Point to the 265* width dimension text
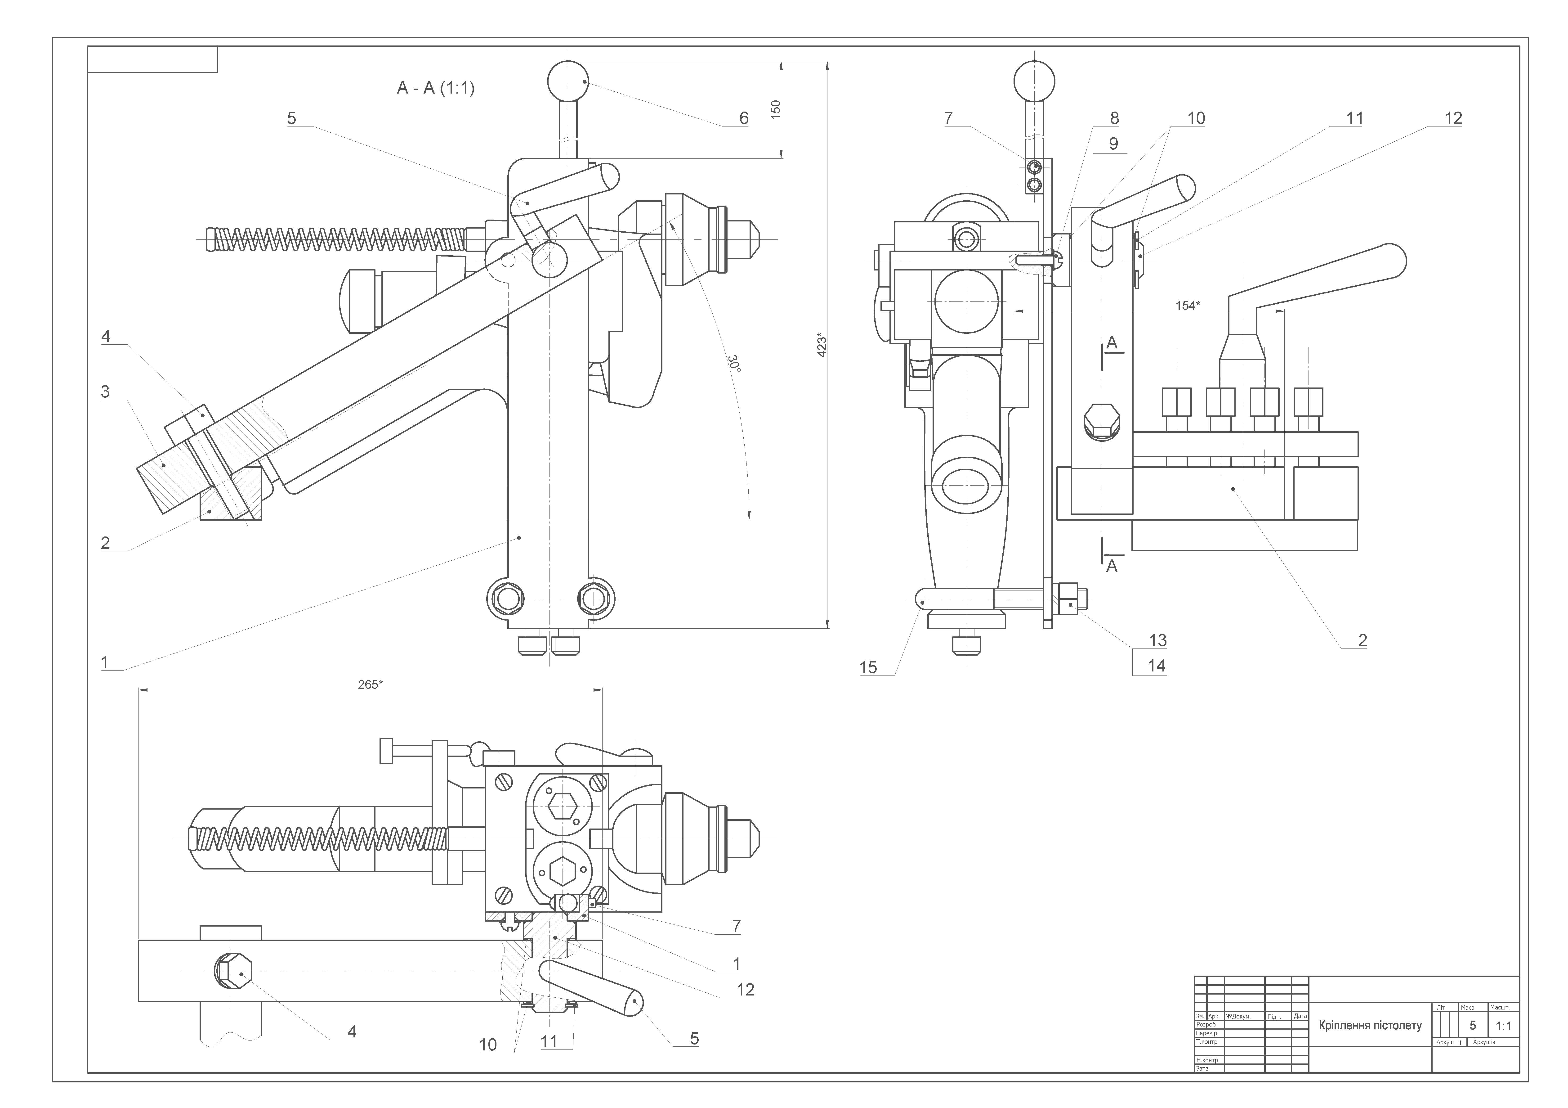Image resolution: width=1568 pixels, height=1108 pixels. coord(370,685)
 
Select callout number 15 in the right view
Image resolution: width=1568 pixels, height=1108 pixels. coord(868,667)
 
